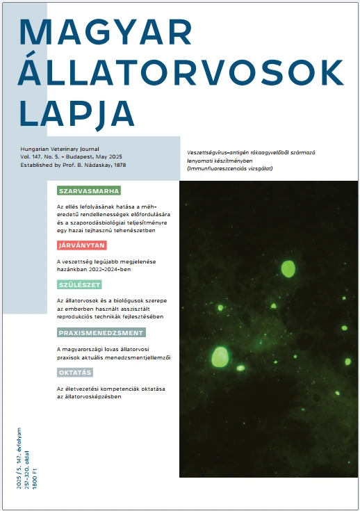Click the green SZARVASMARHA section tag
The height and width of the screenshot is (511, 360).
tap(89, 190)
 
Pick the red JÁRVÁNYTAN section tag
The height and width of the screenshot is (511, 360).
tap(81, 245)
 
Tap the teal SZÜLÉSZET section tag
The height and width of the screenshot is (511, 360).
tap(79, 285)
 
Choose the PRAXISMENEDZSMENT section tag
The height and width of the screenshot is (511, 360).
tap(101, 333)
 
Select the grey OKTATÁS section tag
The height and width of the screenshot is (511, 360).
tap(75, 373)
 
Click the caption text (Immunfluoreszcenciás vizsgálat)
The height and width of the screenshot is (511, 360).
tap(231, 169)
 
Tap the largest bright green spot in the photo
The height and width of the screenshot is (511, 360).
tap(219, 356)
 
